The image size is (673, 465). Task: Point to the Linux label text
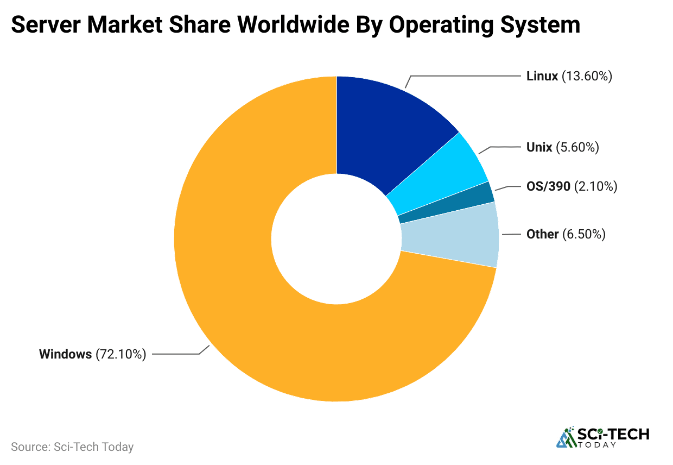coord(542,76)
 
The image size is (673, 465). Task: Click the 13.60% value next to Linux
coord(587,76)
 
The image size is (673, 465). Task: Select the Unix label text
coord(539,147)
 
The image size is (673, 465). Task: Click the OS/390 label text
coord(548,187)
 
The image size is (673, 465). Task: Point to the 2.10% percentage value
coord(596,187)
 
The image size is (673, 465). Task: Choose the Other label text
coord(542,234)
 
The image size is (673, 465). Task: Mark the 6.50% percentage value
coord(583,234)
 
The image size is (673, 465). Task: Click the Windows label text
coord(65,355)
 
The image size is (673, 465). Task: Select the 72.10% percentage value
coord(121,355)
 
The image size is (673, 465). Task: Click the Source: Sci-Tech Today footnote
coord(72,447)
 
